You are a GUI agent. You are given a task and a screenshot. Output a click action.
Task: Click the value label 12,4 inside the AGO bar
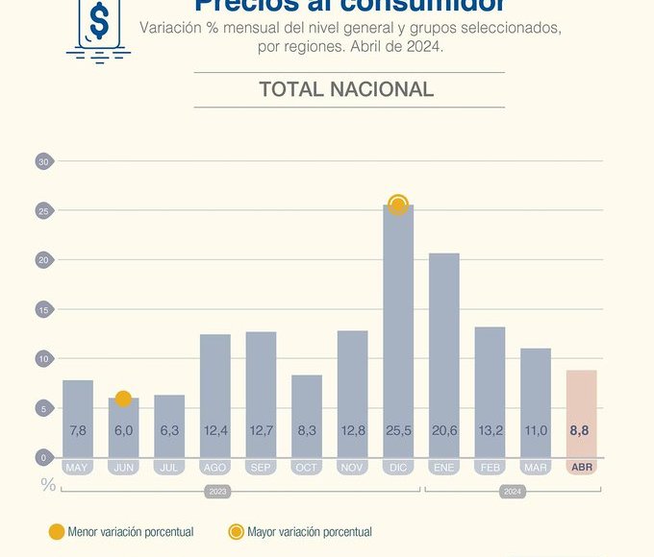215,431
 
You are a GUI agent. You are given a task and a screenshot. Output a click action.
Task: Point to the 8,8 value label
581,431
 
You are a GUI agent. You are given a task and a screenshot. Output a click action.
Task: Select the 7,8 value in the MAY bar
78,431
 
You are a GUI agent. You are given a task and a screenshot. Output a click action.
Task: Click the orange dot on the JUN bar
123,399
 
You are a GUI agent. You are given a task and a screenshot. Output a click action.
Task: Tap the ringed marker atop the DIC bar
398,205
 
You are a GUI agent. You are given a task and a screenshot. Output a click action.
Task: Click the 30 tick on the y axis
43,161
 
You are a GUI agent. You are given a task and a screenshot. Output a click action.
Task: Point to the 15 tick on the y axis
43,309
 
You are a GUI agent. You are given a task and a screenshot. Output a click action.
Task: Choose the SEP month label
261,468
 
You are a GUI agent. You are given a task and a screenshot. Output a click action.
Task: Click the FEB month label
490,468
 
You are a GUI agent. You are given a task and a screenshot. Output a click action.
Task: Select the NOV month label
352,468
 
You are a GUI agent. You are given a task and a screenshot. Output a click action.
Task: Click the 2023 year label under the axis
217,491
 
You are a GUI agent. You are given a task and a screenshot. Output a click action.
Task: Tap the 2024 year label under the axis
513,491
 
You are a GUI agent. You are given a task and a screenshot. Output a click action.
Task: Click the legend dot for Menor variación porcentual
57,532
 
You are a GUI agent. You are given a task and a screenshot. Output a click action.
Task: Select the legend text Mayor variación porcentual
310,532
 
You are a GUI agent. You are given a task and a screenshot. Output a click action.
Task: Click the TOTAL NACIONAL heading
346,89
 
